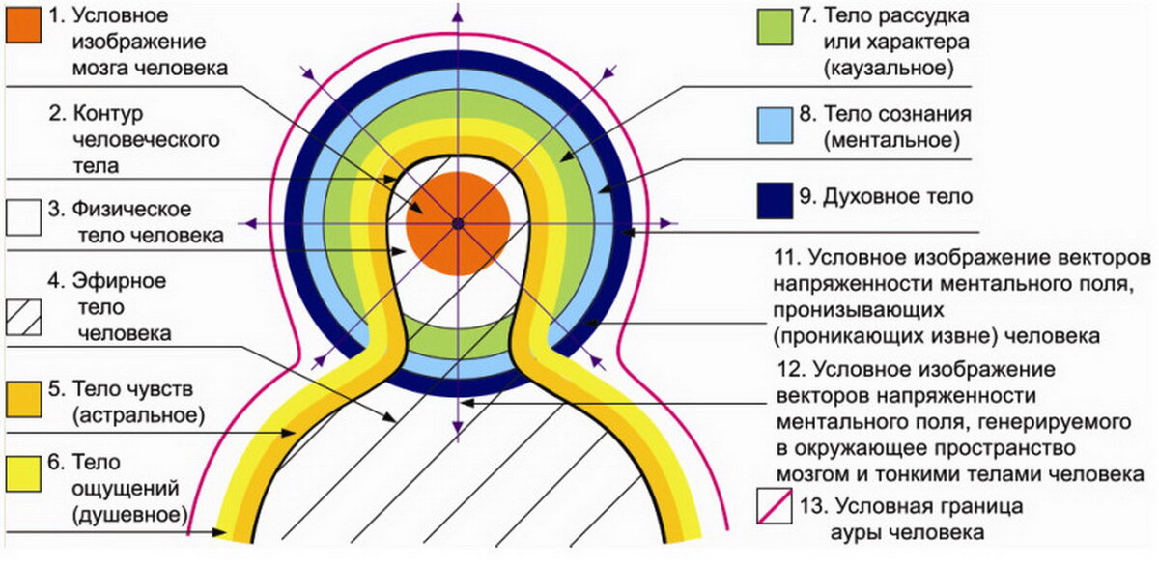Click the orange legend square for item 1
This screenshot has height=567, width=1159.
click(x=23, y=26)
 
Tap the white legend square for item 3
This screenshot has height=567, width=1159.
click(x=23, y=218)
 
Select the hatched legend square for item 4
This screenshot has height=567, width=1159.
click(x=23, y=316)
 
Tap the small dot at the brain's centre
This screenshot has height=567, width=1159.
click(x=458, y=224)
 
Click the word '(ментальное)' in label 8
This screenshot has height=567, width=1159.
click(x=890, y=141)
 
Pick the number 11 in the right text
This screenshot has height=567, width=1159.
click(x=788, y=259)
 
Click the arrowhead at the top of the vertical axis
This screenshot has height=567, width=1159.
click(x=458, y=12)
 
